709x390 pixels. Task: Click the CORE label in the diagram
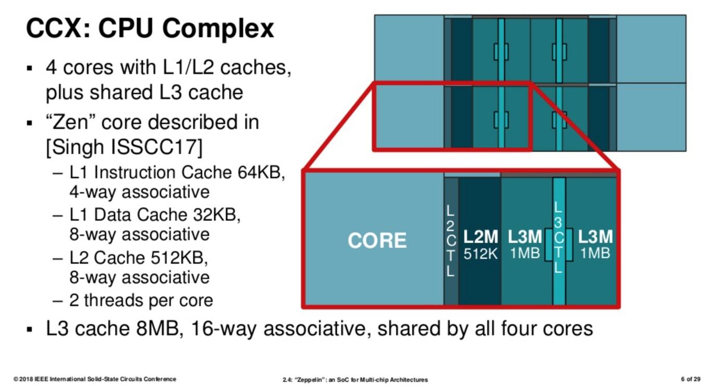pyautogui.click(x=377, y=241)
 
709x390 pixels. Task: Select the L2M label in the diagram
pyautogui.click(x=481, y=237)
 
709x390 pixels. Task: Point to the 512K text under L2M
pyautogui.click(x=481, y=254)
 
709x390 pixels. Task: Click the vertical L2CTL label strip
pyautogui.click(x=450, y=241)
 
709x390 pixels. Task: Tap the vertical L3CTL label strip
pyautogui.click(x=559, y=237)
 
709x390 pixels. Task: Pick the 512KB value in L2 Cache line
pyautogui.click(x=179, y=258)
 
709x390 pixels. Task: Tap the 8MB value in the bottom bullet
pyautogui.click(x=160, y=329)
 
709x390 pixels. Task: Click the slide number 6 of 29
pyautogui.click(x=691, y=379)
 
